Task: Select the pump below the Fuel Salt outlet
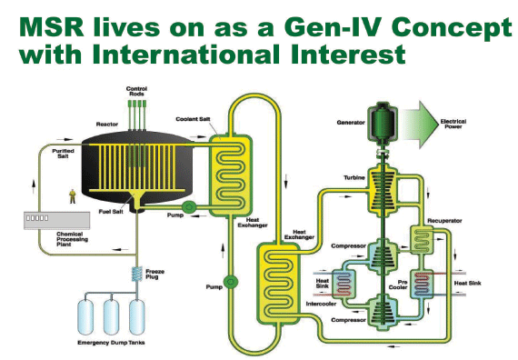(189, 207)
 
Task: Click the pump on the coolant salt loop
(230, 282)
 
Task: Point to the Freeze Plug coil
(136, 274)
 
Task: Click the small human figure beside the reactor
(73, 196)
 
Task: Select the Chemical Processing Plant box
(57, 220)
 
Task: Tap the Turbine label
(354, 178)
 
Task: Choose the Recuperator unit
(422, 239)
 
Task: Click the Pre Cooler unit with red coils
(422, 284)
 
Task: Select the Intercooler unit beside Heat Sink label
(344, 285)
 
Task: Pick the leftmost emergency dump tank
(85, 317)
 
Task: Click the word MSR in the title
(52, 27)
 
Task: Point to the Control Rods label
(136, 91)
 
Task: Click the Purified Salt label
(63, 154)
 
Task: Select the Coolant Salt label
(193, 119)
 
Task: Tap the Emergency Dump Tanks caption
(111, 343)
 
